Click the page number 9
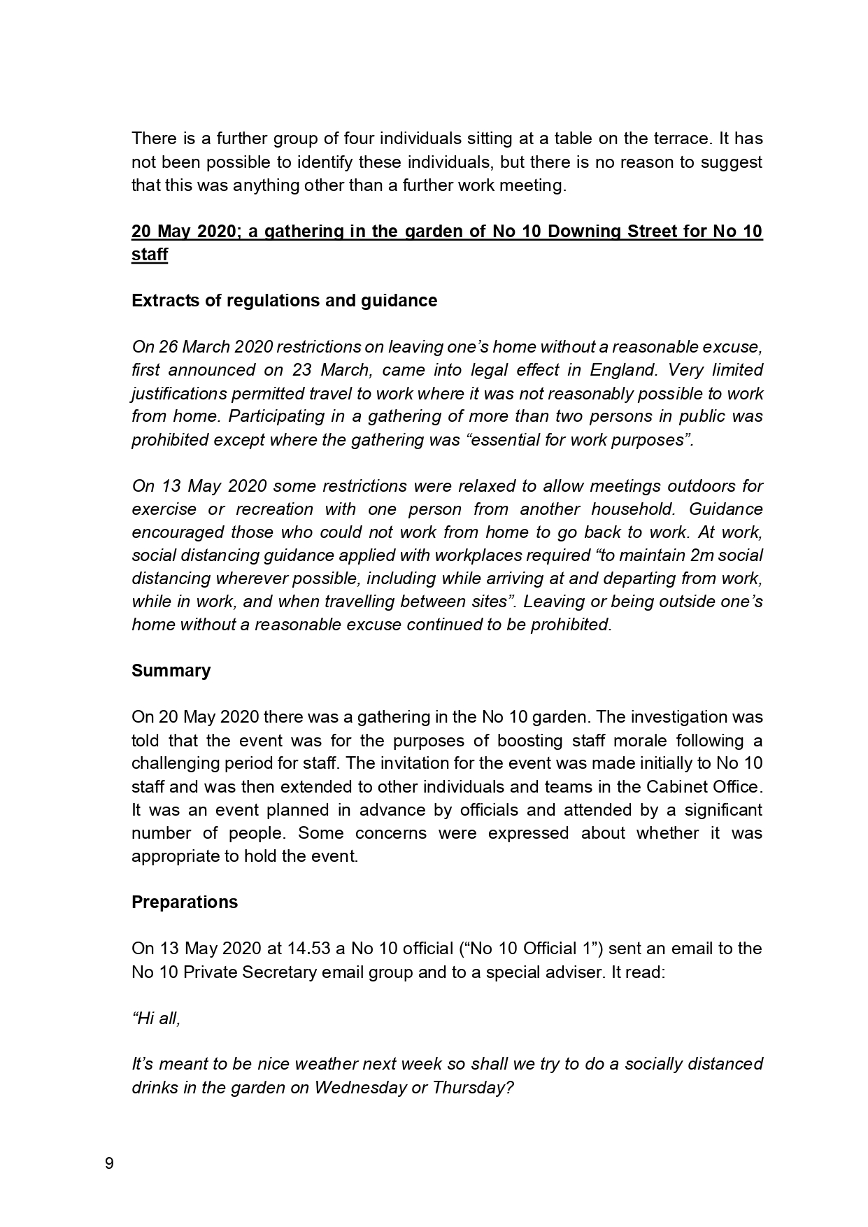click(108, 1164)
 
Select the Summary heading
click(171, 671)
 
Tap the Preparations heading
click(185, 902)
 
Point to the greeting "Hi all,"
click(156, 1019)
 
